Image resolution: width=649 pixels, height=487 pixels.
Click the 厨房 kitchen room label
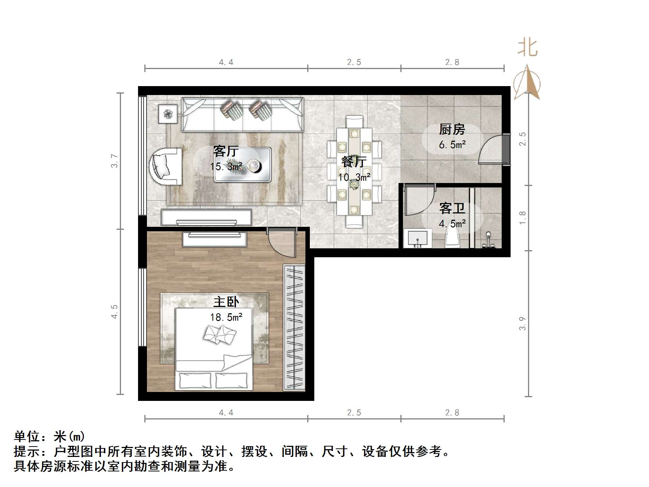[452, 130]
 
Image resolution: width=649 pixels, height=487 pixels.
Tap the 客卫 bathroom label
[452, 208]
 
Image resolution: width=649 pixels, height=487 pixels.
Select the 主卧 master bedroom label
[226, 302]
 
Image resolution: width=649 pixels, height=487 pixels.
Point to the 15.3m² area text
[226, 167]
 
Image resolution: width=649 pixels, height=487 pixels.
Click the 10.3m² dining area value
[354, 177]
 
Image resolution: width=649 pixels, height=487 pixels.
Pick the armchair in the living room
[166, 166]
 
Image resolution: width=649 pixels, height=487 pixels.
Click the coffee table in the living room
[242, 165]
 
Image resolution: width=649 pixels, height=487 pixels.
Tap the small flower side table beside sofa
[168, 114]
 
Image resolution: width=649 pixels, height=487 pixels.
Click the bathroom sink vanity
[418, 238]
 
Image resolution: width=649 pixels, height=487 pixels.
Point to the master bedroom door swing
[282, 243]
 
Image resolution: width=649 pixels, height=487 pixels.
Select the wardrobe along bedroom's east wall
[294, 327]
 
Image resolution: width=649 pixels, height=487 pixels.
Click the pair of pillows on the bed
[220, 334]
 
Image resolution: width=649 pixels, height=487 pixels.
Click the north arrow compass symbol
[527, 84]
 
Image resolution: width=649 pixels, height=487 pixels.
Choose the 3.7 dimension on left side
[114, 161]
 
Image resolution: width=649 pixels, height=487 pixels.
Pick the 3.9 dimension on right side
[522, 323]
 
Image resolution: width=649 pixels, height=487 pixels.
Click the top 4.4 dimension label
[226, 62]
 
